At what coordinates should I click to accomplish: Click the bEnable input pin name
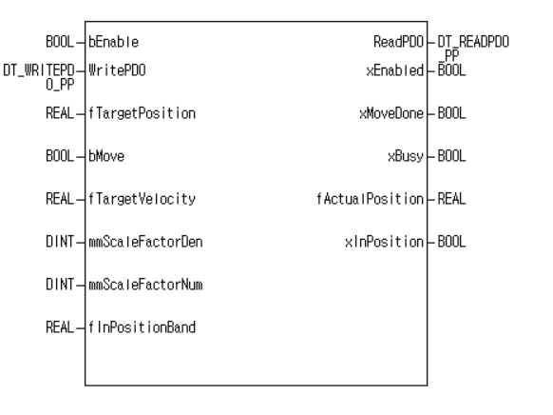(x=115, y=42)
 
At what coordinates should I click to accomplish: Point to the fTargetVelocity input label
(x=143, y=199)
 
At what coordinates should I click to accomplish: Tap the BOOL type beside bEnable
(x=60, y=42)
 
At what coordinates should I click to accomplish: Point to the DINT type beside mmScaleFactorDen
(x=60, y=243)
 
